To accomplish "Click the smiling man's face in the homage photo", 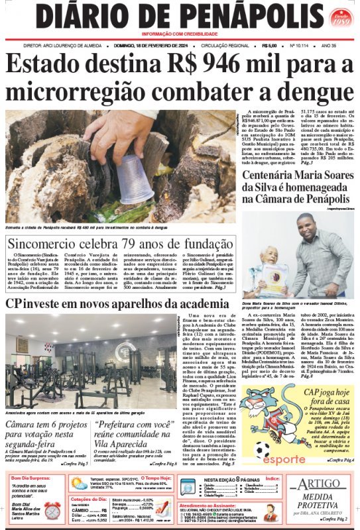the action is point(307,227).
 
